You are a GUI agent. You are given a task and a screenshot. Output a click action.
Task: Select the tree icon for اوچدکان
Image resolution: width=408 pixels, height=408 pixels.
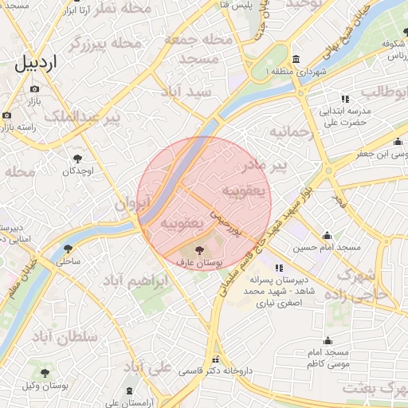77,158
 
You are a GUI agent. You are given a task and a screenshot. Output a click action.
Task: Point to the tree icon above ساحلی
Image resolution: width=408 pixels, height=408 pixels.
69,247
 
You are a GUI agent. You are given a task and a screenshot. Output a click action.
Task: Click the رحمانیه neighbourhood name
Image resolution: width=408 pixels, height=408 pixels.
288,131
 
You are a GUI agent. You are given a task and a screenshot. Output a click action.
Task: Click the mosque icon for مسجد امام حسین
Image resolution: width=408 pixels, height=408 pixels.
327,235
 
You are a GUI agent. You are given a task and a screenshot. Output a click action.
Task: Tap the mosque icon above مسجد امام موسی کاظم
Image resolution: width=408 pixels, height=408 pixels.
327,340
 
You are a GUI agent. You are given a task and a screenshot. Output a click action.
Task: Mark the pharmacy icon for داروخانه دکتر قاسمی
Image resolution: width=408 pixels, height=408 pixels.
213,359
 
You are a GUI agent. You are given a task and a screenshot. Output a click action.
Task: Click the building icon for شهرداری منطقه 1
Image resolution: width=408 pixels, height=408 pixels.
296,60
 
